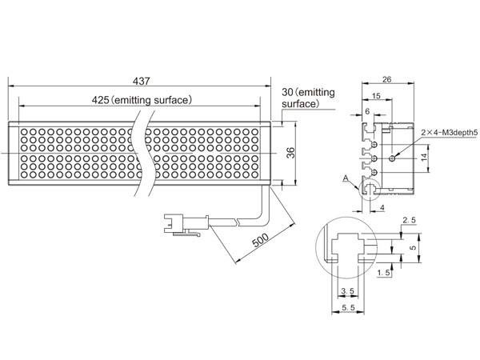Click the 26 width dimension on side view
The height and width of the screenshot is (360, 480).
(386, 79)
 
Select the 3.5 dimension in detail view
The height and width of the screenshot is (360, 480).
(346, 290)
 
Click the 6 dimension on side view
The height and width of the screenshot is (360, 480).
(367, 113)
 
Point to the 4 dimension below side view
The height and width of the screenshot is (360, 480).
(383, 208)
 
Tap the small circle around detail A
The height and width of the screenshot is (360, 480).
(371, 186)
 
